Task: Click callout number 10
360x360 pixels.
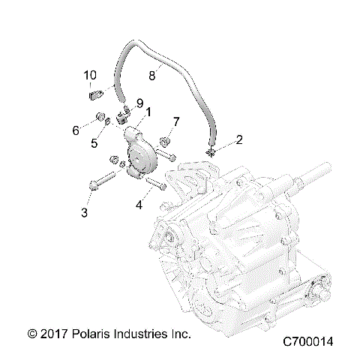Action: pos(90,75)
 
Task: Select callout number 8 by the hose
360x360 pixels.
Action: pos(151,75)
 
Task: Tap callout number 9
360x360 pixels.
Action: pos(139,103)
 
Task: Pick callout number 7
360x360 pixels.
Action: pos(176,121)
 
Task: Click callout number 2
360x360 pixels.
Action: pos(219,139)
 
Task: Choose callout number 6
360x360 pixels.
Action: pos(76,130)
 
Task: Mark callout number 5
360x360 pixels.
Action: pos(94,143)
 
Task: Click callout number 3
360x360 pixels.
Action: pos(84,213)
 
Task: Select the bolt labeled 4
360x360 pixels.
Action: pos(155,184)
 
